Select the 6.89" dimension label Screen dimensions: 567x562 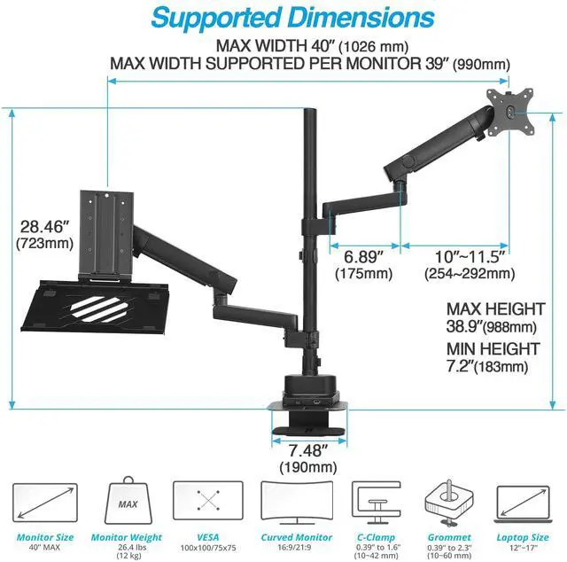(x=363, y=256)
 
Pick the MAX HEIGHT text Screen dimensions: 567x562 (x=495, y=309)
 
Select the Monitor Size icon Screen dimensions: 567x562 (x=42, y=506)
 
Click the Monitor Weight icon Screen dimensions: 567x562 (x=126, y=506)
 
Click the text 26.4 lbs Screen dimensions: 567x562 (x=126, y=548)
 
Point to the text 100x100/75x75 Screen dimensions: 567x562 (x=208, y=548)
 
